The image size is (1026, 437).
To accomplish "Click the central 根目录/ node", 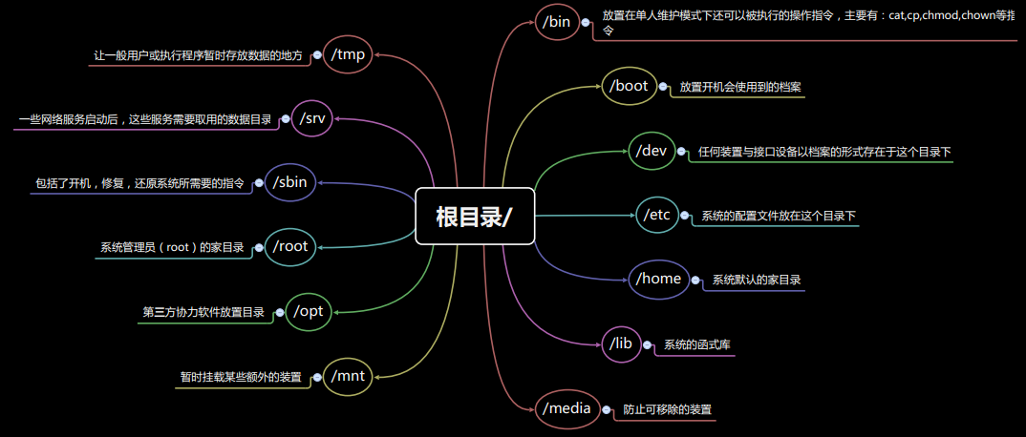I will tap(474, 216).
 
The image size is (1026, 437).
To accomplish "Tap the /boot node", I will tap(629, 86).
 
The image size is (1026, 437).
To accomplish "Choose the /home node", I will tap(658, 279).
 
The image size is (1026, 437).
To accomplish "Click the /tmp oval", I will tap(348, 54).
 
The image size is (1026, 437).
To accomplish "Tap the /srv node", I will tap(312, 118).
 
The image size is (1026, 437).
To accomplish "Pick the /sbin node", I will tap(289, 181).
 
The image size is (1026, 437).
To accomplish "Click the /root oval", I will tap(289, 246).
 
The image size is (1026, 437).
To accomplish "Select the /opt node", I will tap(309, 311).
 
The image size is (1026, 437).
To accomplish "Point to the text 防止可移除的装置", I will tap(668, 409).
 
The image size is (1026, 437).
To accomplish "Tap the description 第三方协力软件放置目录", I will tap(203, 312).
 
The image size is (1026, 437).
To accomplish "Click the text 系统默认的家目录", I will tap(757, 281).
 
